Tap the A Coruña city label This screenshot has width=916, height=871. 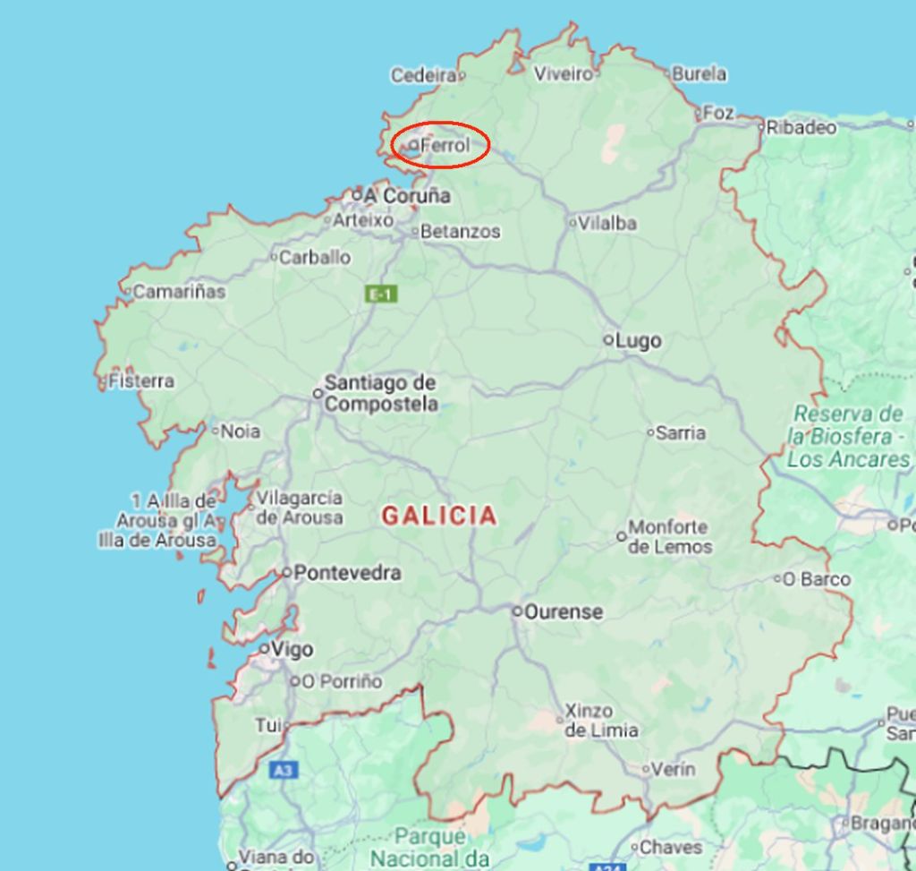coord(407,195)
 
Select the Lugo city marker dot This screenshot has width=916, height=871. coord(608,340)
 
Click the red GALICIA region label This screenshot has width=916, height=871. coord(439,516)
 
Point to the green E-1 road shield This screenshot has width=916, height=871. coord(382,294)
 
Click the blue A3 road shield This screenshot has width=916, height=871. coord(283,770)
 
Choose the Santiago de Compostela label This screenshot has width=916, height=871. coord(381,394)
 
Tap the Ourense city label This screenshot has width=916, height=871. coord(564,612)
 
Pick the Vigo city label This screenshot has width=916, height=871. coord(293,649)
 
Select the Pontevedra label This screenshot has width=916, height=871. coord(347,573)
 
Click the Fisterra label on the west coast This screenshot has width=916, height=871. coord(141,381)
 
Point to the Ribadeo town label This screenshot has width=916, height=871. coord(801,127)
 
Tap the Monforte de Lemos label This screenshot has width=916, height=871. coord(669,537)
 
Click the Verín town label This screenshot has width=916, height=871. coord(673,769)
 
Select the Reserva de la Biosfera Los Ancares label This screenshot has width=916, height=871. coord(848,437)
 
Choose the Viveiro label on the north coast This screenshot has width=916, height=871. coord(564,73)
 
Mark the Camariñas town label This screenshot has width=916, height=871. coord(179,291)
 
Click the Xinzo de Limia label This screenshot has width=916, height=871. coord(601,721)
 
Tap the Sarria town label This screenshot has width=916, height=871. coord(681,433)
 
